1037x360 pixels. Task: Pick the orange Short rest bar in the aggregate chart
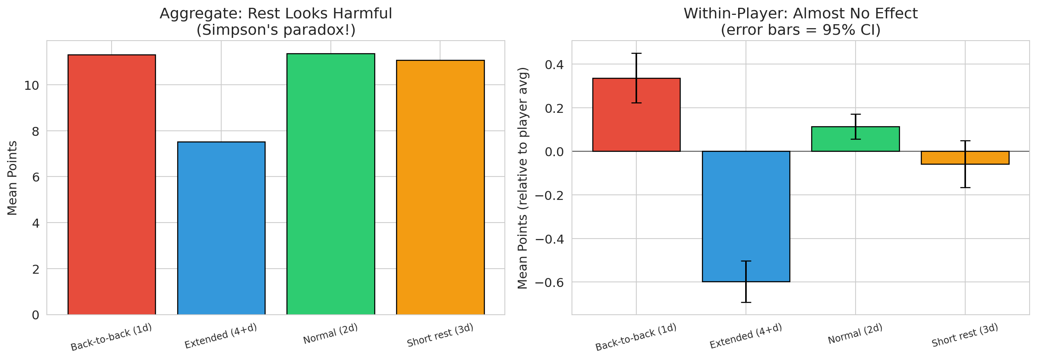440,187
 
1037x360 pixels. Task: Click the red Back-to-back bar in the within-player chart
636,115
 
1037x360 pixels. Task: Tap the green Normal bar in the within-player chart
855,139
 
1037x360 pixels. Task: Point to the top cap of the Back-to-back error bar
636,53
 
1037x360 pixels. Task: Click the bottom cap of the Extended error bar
746,302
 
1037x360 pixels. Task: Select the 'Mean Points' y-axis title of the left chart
12,178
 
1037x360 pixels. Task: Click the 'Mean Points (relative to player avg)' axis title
522,178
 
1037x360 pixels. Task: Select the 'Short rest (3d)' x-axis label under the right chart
964,335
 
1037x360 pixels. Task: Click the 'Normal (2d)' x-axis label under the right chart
855,334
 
